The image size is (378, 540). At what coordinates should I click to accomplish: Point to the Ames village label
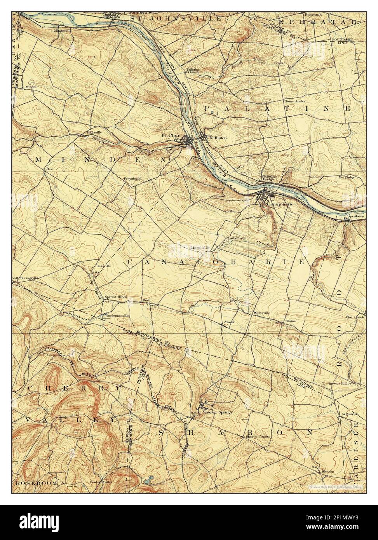229,322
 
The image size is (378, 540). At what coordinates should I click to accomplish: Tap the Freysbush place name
131,179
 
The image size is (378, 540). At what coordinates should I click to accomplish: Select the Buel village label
146,300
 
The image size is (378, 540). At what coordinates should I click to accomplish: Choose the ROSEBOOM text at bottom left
37,483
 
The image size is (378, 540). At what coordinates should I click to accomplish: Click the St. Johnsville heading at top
176,18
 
